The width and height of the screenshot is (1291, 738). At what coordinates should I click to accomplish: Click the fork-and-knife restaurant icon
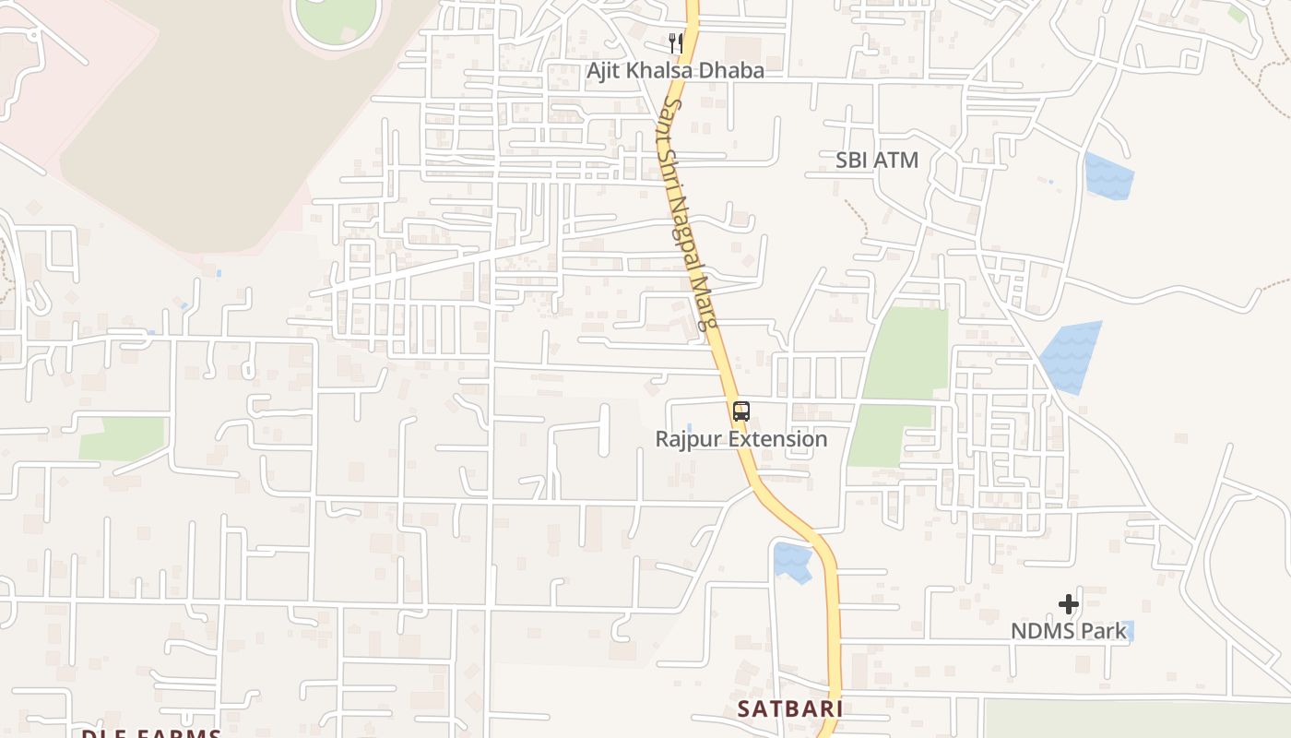tap(675, 42)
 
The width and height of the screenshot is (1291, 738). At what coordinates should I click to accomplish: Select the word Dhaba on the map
tap(732, 70)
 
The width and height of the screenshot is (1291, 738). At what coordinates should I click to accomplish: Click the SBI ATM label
tap(877, 160)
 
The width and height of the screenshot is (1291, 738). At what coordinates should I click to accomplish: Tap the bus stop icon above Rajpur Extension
tap(741, 411)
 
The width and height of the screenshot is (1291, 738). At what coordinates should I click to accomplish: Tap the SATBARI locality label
tap(790, 708)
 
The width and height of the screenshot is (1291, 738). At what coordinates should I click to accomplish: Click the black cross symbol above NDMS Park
tap(1069, 604)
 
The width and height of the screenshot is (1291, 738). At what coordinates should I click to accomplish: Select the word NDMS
tap(1038, 631)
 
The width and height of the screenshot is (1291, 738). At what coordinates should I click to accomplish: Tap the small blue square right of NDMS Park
tap(1130, 631)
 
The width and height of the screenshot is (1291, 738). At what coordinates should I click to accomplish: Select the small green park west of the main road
tap(122, 438)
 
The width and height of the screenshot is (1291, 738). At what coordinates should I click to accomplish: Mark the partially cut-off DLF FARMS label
tap(151, 733)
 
